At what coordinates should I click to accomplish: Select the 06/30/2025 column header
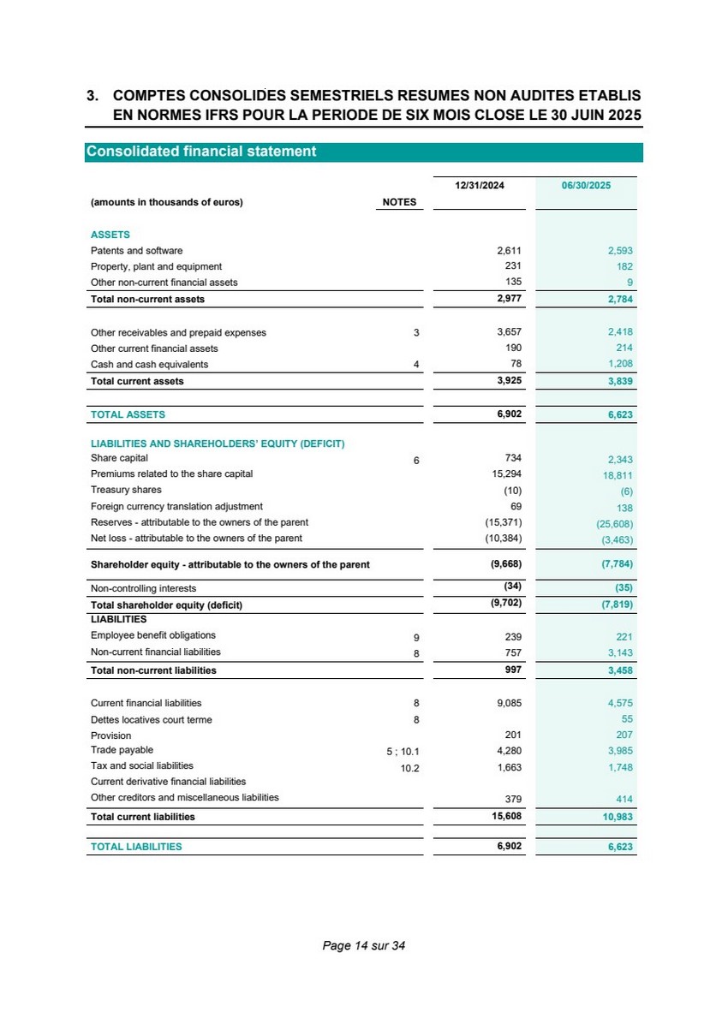point(586,184)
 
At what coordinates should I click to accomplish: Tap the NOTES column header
point(398,203)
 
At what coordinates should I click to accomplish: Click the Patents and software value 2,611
point(509,251)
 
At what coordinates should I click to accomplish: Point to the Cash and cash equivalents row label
point(149,365)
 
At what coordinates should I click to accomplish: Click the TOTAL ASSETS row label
point(128,414)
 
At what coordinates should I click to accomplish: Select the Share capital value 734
point(514,458)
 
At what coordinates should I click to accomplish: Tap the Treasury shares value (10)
point(512,491)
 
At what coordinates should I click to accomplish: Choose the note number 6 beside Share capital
point(416,461)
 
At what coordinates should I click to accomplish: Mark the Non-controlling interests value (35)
point(623,589)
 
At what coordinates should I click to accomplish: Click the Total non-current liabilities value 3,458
point(619,670)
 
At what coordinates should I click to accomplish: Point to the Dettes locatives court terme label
point(151,720)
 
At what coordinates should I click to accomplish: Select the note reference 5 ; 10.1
point(403,752)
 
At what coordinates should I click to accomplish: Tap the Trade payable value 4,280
point(509,751)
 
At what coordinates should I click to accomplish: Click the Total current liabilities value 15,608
point(504,817)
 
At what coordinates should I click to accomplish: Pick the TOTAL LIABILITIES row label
point(136,847)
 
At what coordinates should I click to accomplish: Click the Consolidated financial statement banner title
point(201,152)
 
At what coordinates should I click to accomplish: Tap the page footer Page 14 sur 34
point(363,946)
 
